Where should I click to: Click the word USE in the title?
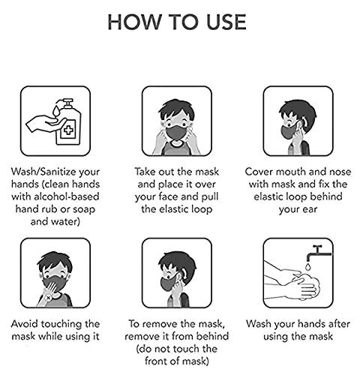[x=226, y=22]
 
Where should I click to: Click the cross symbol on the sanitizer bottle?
[x=67, y=130]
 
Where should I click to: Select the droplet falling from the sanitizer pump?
[x=56, y=111]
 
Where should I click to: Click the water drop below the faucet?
[x=308, y=267]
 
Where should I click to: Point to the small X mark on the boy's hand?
[x=49, y=298]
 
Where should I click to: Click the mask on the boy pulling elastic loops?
[x=176, y=133]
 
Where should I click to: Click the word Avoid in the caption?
[x=25, y=324]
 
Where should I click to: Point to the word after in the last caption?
[x=339, y=324]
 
